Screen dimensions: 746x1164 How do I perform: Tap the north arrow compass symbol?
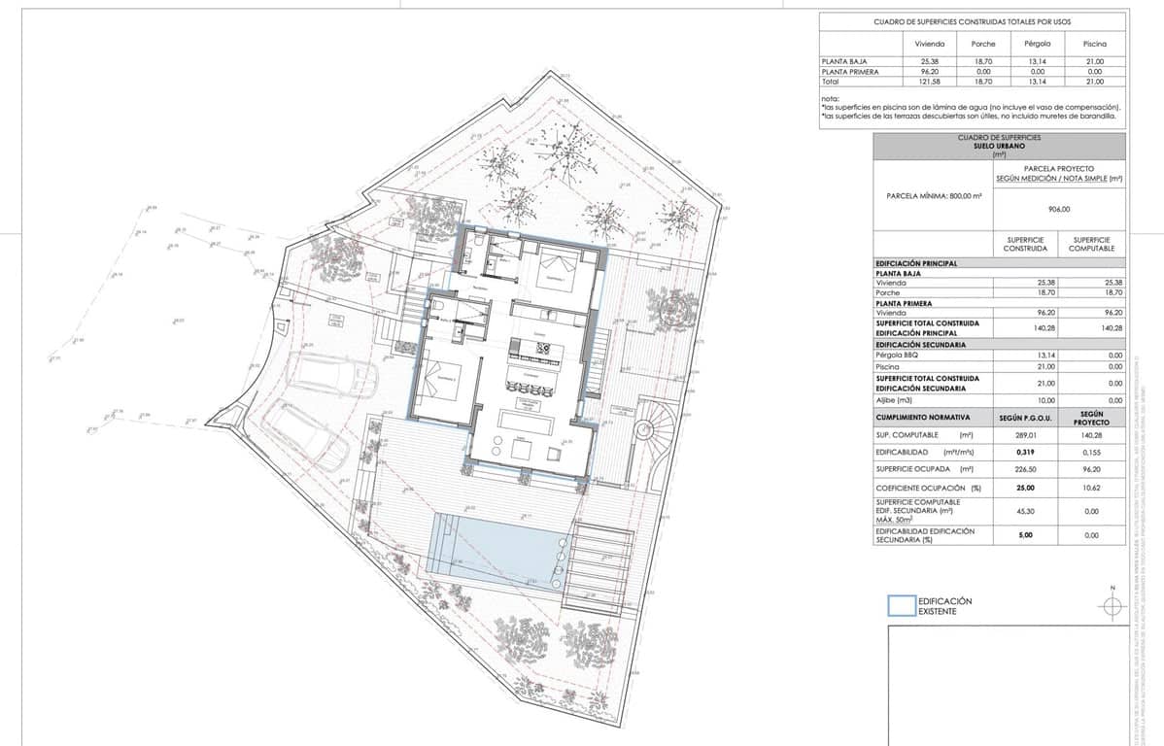click(x=1113, y=604)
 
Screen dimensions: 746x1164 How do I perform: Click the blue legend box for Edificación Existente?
click(x=903, y=605)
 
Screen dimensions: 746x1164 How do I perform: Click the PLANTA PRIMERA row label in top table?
click(x=851, y=72)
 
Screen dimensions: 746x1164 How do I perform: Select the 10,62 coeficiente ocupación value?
click(x=1090, y=488)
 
